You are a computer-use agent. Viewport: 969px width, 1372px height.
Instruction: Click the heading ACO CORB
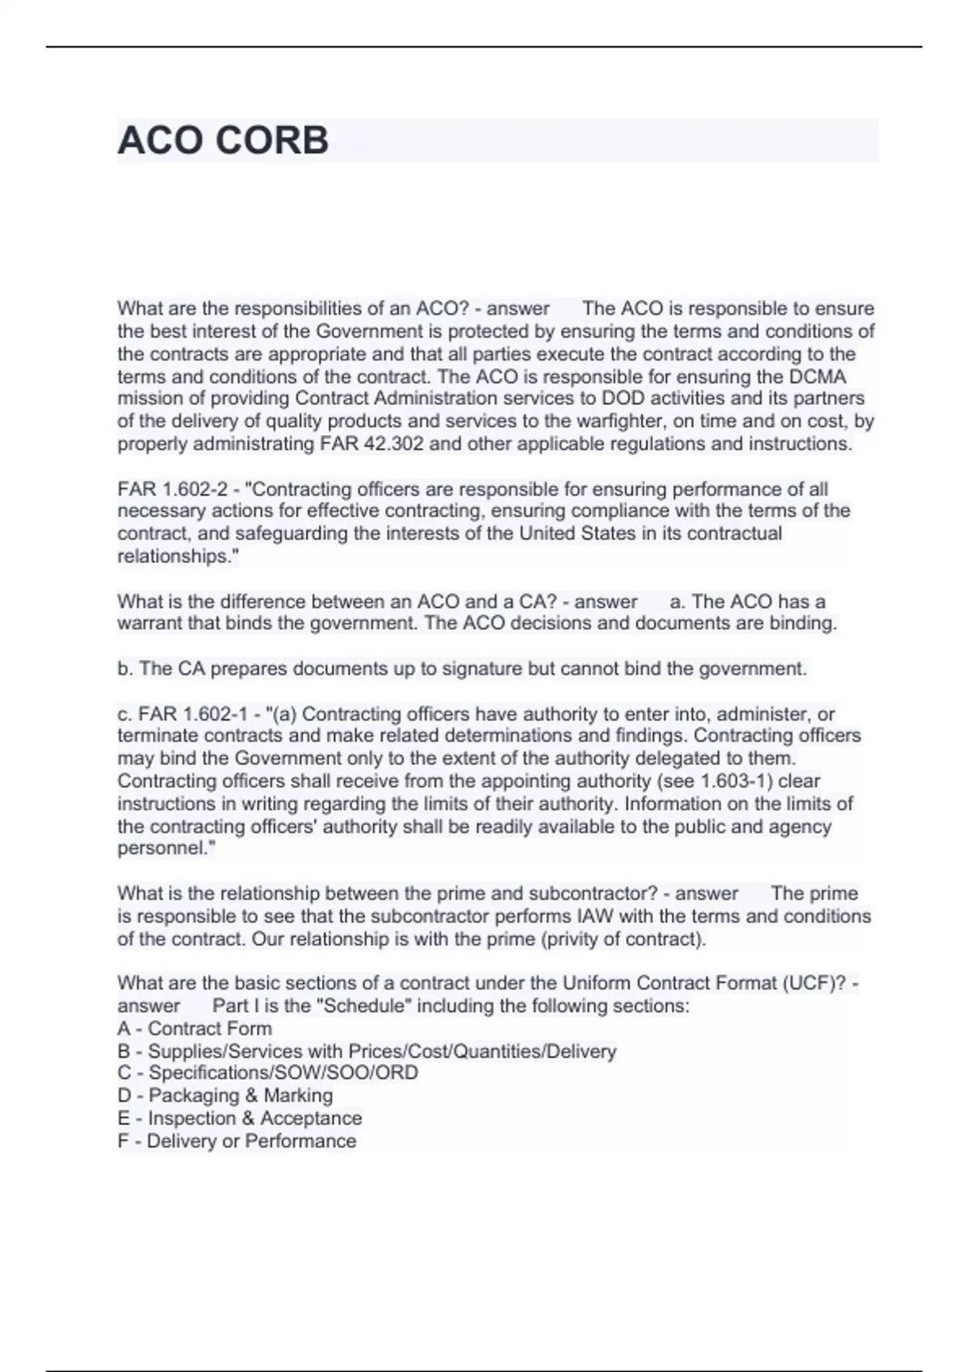[223, 140]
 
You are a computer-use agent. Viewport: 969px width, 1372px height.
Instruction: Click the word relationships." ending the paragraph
[178, 557]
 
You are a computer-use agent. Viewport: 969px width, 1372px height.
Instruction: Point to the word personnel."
[166, 848]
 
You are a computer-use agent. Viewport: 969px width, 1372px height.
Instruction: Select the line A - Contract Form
[195, 1029]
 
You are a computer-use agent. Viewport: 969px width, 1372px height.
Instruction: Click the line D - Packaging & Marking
[224, 1096]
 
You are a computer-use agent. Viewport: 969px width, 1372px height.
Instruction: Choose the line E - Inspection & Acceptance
[240, 1119]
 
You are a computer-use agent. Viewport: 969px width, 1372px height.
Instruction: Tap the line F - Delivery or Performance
[237, 1141]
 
